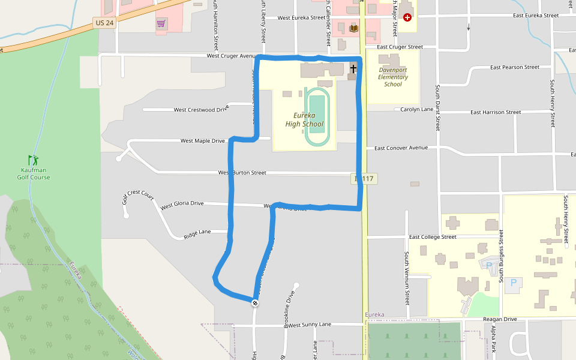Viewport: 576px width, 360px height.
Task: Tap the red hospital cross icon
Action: point(407,17)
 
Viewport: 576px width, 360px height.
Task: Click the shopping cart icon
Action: point(161,23)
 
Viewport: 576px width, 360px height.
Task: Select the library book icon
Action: point(353,28)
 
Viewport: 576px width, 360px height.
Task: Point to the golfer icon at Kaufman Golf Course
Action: point(33,160)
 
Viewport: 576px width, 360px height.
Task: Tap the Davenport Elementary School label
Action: point(393,77)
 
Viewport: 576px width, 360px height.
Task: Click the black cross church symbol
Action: point(353,69)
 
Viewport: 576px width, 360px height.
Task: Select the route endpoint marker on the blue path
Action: point(255,303)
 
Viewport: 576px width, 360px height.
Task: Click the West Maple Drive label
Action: point(203,141)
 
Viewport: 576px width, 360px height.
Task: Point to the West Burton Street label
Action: point(242,173)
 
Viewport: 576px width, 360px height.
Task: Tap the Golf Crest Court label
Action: point(138,196)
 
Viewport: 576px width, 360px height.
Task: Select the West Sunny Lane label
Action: point(310,325)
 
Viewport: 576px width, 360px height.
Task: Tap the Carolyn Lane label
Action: point(417,110)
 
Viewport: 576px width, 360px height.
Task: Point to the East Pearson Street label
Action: point(514,67)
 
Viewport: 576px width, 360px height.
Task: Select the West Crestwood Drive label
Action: point(201,110)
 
